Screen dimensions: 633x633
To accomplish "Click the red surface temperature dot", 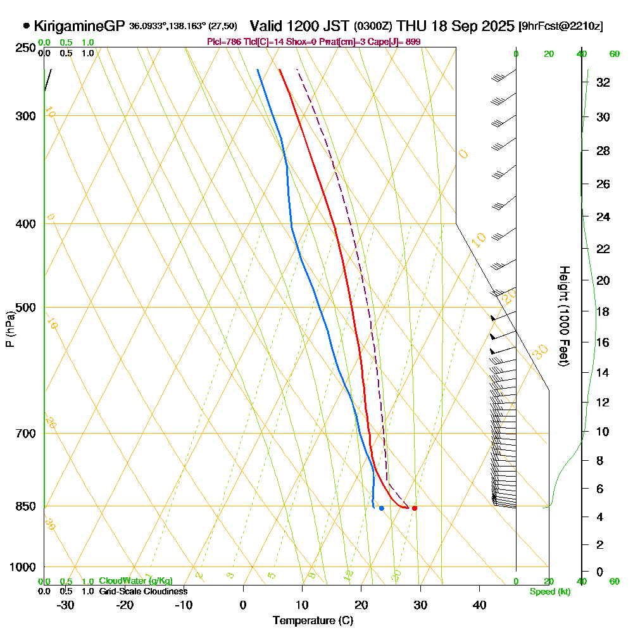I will pyautogui.click(x=415, y=508).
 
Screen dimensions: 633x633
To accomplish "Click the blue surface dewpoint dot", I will pyautogui.click(x=381, y=508).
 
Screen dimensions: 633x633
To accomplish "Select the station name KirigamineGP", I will pyautogui.click(x=79, y=27).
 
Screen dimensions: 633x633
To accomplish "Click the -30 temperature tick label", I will pyautogui.click(x=66, y=605).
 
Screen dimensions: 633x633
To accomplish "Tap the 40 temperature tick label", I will pyautogui.click(x=479, y=605).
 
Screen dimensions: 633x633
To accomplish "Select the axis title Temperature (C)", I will pyautogui.click(x=313, y=621).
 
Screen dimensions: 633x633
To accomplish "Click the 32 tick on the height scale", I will pyautogui.click(x=602, y=82).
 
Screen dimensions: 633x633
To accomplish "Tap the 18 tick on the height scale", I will pyautogui.click(x=602, y=311).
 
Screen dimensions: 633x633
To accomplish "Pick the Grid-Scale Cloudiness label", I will pyautogui.click(x=142, y=591).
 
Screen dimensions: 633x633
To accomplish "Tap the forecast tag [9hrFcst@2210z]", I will pyautogui.click(x=560, y=27).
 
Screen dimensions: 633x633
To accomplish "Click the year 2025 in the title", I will pyautogui.click(x=497, y=27).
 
